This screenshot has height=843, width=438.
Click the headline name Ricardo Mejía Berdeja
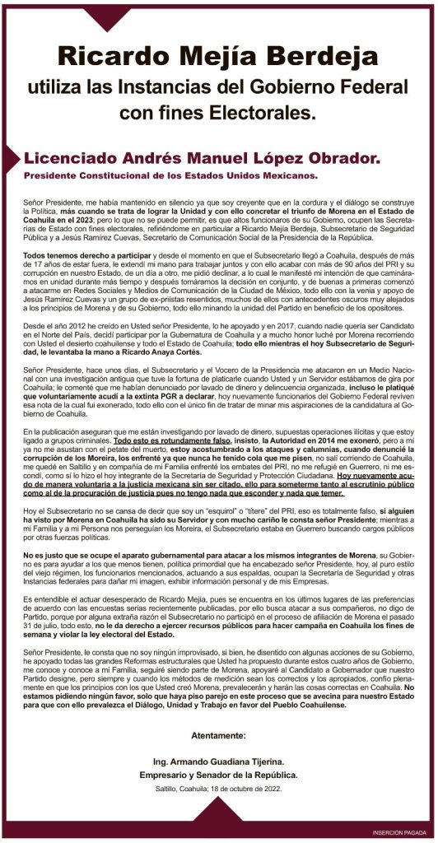click(x=218, y=57)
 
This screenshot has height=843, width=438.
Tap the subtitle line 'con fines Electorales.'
click(x=218, y=110)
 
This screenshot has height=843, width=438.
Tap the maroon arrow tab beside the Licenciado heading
click(x=11, y=157)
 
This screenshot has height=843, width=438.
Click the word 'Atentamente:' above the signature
click(x=219, y=734)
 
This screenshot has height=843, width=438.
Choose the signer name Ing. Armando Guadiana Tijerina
click(x=219, y=762)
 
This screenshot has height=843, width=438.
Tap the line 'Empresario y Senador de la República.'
click(x=219, y=775)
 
